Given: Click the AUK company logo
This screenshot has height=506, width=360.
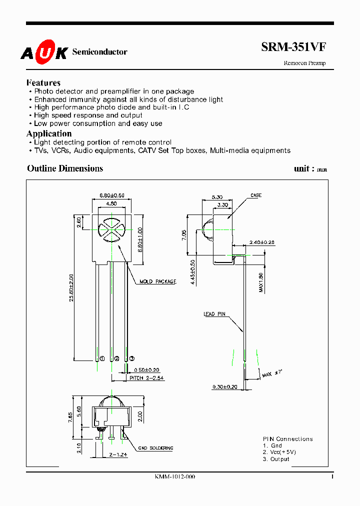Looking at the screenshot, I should click(x=43, y=52).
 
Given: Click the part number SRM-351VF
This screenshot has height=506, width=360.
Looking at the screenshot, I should click(x=293, y=47).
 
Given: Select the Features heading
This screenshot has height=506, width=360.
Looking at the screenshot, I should click(x=43, y=83).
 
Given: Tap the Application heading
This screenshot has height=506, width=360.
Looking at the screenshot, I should click(x=49, y=133).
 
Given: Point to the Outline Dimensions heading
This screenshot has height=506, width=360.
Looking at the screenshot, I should click(x=65, y=168).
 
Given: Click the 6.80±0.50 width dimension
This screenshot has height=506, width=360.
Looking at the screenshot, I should click(x=112, y=194).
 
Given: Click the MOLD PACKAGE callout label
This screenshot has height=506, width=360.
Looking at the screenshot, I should click(x=158, y=282).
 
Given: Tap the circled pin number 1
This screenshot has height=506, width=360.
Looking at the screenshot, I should click(x=102, y=358).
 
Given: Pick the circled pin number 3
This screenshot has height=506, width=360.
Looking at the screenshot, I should click(x=131, y=358).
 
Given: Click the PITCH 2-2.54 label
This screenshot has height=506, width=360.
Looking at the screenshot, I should click(x=146, y=378).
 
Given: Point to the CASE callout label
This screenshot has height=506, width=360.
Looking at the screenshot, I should click(x=256, y=195).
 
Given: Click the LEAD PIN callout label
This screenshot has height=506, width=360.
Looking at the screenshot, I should click(x=214, y=314).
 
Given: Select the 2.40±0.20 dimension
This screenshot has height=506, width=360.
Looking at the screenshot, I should click(x=261, y=242).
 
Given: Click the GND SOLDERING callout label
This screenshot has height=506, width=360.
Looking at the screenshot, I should click(x=155, y=448).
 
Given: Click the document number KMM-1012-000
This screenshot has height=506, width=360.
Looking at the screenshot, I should click(x=175, y=477).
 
